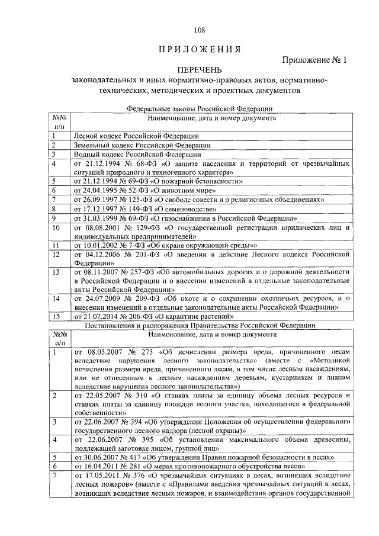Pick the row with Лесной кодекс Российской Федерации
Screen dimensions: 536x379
pyautogui.click(x=136, y=136)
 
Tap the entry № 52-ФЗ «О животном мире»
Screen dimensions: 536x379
pyautogui.click(x=144, y=190)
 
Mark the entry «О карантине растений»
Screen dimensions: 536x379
pyautogui.click(x=158, y=316)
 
